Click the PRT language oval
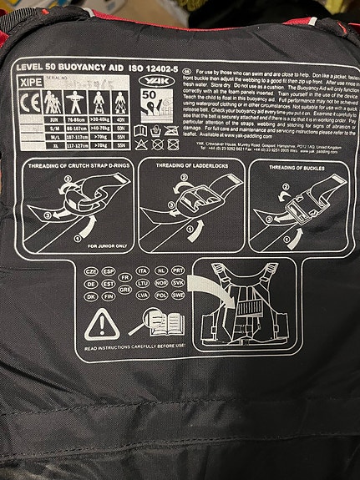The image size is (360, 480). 178,271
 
